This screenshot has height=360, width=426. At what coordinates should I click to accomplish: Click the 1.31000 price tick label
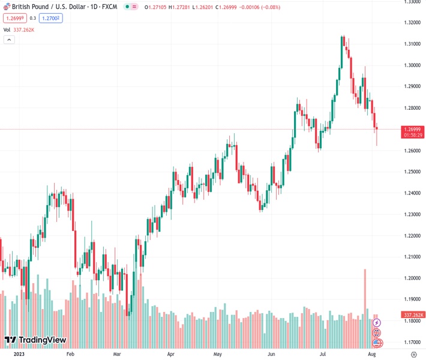[x=412, y=44]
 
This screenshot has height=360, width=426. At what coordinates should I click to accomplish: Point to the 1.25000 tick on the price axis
[x=412, y=172]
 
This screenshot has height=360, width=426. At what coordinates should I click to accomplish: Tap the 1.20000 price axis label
[x=412, y=278]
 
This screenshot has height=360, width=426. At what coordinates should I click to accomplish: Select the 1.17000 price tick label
[x=412, y=342]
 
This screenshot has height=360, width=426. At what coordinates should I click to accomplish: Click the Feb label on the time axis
[x=70, y=354]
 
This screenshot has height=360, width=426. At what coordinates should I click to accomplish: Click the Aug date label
[x=372, y=354]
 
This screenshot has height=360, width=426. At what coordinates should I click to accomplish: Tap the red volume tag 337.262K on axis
[x=413, y=314]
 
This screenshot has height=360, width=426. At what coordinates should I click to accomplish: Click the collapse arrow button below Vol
[x=9, y=40]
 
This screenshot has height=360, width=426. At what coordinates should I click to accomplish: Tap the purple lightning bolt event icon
[x=377, y=323]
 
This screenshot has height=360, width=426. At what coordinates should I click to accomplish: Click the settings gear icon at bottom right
[x=413, y=354]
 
